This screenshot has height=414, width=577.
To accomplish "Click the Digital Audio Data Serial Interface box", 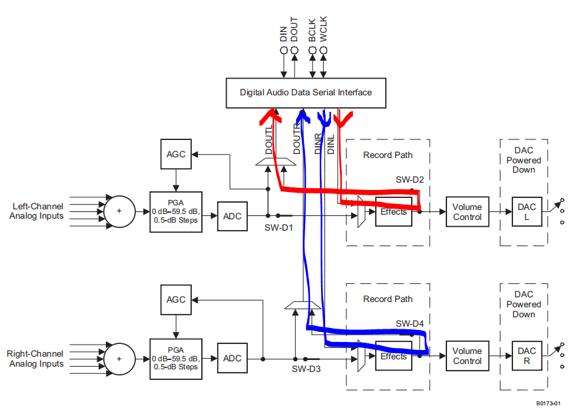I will pyautogui.click(x=306, y=93).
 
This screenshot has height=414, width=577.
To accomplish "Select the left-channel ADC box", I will pyautogui.click(x=232, y=216).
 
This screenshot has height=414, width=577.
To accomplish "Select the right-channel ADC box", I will pyautogui.click(x=232, y=359).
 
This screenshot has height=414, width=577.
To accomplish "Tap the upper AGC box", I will pyautogui.click(x=176, y=155).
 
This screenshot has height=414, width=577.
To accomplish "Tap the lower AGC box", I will pyautogui.click(x=176, y=299).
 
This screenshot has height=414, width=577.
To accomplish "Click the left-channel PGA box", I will pyautogui.click(x=176, y=211).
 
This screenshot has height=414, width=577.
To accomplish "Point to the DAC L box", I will pyautogui.click(x=526, y=212).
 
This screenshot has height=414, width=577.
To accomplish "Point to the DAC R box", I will pyautogui.click(x=526, y=356).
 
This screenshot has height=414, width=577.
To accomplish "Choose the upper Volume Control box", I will pyautogui.click(x=467, y=212).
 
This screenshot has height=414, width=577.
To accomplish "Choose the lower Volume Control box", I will pyautogui.click(x=467, y=356).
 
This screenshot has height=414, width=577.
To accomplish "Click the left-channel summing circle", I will pyautogui.click(x=119, y=211).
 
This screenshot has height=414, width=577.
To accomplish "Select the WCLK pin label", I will pyautogui.click(x=323, y=30).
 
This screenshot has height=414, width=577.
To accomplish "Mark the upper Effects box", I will pyautogui.click(x=393, y=212).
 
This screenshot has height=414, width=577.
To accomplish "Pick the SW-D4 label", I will pyautogui.click(x=410, y=323).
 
